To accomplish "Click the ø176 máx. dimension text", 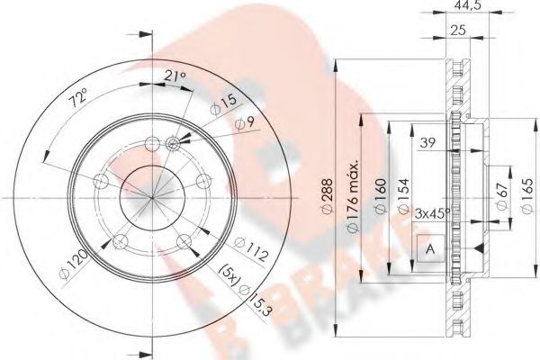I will (355, 196).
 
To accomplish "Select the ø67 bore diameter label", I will (497, 196).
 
